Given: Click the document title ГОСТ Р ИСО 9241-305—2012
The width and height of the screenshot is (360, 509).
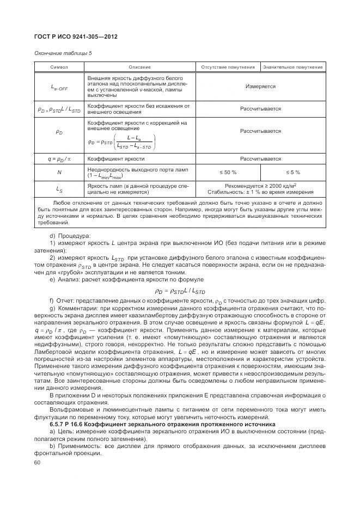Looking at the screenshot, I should (76, 36).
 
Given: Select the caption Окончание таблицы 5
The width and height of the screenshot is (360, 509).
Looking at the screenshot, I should (63, 53).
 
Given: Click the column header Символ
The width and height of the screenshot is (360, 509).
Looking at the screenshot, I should (59, 67).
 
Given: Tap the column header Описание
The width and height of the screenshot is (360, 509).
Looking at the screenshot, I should (139, 67).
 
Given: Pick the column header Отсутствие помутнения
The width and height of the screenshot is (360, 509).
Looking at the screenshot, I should (228, 67).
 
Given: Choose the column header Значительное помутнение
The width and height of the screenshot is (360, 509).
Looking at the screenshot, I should (293, 67).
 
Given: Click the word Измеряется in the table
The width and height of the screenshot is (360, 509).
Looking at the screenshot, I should (260, 87).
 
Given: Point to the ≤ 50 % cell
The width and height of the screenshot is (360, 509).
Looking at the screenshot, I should (228, 173).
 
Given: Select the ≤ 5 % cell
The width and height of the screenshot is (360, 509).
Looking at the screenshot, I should (293, 173).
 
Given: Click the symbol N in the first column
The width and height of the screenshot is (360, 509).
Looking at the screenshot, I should (59, 173).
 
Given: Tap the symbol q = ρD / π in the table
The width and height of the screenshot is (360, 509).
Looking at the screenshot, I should (59, 159).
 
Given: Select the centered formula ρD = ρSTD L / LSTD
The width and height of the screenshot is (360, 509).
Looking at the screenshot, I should (180, 291).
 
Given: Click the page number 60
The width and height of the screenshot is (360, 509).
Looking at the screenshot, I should (38, 463).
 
